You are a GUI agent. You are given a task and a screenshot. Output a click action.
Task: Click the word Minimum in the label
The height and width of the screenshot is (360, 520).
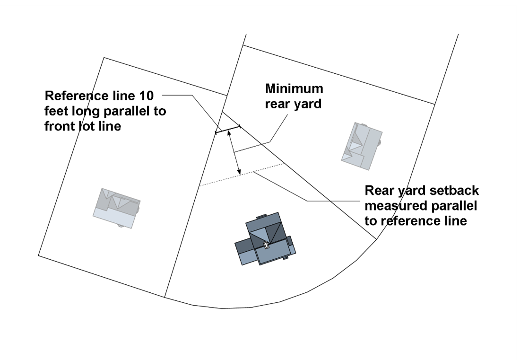click(x=294, y=88)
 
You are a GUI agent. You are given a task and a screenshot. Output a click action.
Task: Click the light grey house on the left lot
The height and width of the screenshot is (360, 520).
click(x=116, y=208)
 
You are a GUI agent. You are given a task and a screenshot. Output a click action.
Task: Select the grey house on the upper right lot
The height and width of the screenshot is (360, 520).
click(x=362, y=146)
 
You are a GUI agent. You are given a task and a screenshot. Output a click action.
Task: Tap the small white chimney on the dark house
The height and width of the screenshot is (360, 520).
click(x=266, y=246)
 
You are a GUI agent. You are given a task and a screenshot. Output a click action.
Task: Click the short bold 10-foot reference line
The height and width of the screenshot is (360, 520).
click(x=227, y=130)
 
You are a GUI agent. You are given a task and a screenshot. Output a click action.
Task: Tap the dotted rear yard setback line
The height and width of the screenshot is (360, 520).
click(x=241, y=175)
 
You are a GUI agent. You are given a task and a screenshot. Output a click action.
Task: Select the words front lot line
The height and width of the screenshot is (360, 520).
click(x=83, y=126)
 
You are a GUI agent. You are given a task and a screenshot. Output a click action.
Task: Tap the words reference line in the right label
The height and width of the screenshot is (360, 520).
click(x=416, y=221)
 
